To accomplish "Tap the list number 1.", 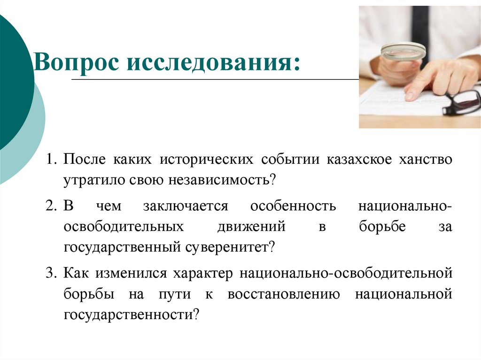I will [x=51, y=160].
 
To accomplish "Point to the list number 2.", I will [x=51, y=207].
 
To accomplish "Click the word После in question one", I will [x=85, y=160].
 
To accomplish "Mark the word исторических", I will [x=204, y=160].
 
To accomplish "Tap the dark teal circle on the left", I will [x=12, y=84].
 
